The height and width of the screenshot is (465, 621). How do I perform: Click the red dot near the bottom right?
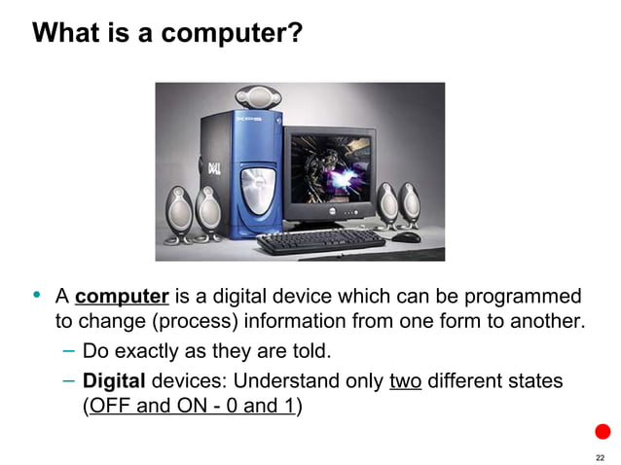click(603, 431)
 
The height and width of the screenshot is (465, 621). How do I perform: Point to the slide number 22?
click(600, 457)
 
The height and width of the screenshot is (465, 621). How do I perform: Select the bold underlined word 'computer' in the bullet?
click(123, 296)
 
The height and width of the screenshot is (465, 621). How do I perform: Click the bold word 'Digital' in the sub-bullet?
click(114, 380)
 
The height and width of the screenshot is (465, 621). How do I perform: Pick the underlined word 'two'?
click(405, 380)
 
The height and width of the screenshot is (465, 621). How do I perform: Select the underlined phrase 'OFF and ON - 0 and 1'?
click(190, 406)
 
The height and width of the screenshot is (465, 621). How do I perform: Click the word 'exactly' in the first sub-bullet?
click(160, 350)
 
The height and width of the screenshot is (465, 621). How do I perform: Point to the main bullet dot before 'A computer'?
click(38, 295)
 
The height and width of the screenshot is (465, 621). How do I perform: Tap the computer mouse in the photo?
click(406, 236)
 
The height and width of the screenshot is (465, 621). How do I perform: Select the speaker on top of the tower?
click(256, 96)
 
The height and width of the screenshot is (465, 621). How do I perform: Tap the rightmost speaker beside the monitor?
click(411, 205)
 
